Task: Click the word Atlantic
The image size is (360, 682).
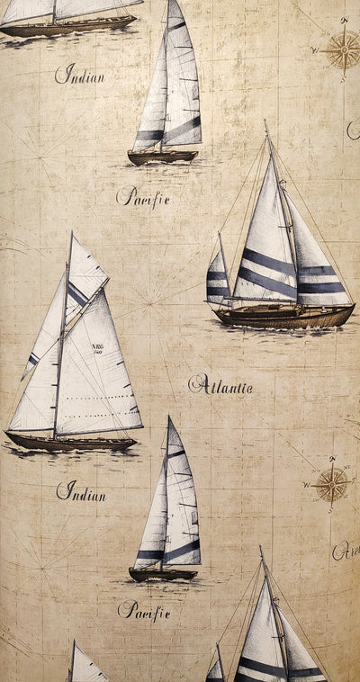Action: pos(220,387)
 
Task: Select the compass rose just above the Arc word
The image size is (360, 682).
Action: pos(332,484)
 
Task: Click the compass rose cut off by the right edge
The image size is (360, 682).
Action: pos(342,50)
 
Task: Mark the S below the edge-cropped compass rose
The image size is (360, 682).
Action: pos(343,80)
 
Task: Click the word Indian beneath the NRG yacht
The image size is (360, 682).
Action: pos(80,492)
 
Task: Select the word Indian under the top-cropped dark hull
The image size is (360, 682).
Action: pos(79,75)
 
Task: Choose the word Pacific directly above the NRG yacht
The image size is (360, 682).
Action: pos(142,196)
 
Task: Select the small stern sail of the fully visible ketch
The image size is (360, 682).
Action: pos(218,279)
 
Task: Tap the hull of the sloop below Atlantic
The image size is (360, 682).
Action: pos(162,573)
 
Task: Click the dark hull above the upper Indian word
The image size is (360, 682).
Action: pos(63,29)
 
